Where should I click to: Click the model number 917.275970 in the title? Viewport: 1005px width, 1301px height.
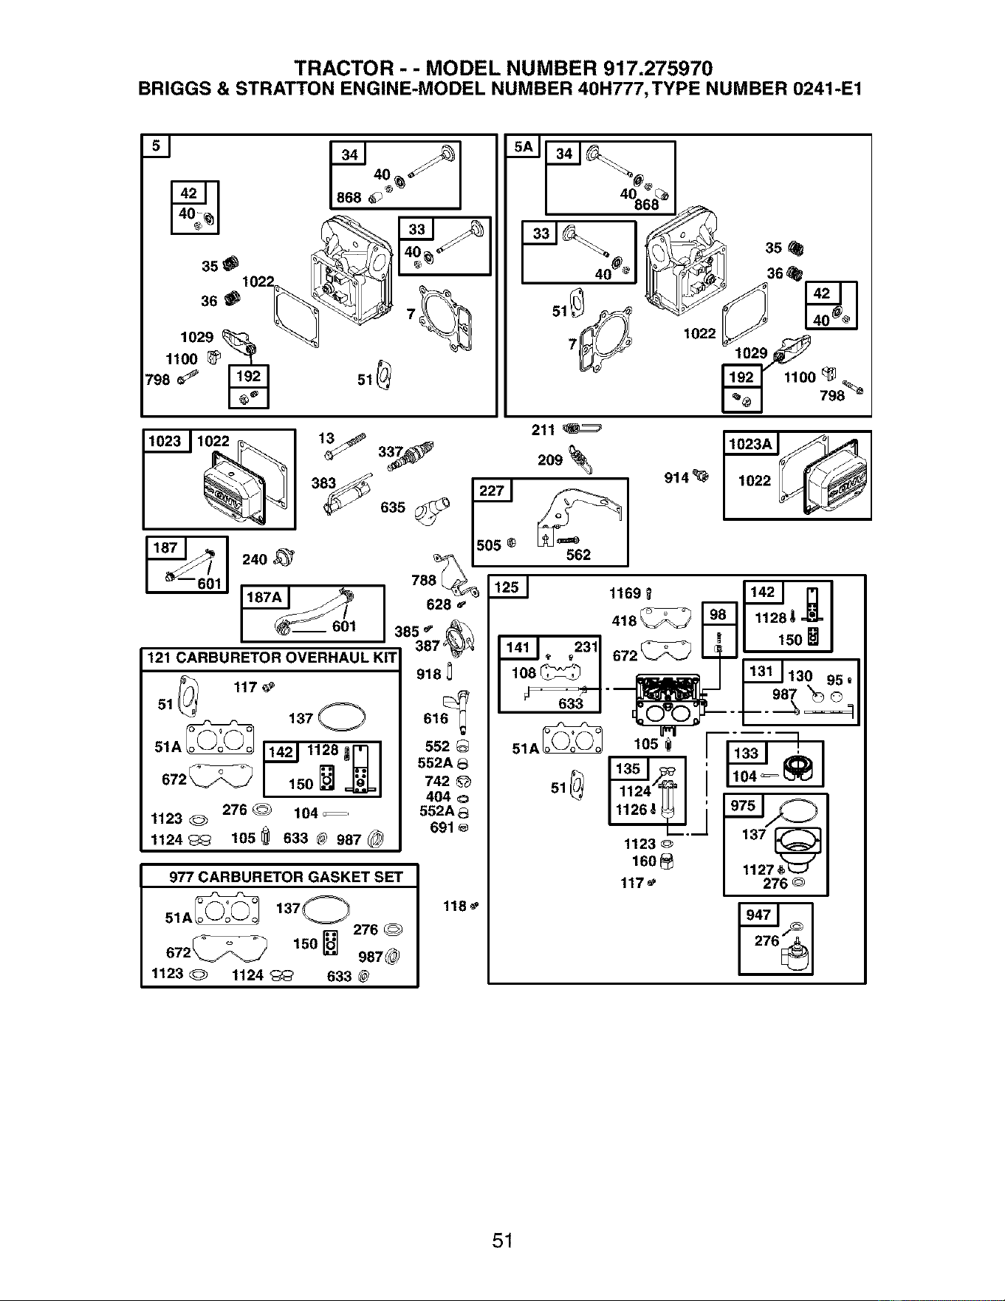658,69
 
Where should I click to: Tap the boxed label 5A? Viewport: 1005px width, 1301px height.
523,146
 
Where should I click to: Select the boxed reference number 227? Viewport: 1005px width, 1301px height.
492,491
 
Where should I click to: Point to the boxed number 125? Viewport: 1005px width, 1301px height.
507,587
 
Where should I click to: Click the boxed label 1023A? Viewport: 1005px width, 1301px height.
750,443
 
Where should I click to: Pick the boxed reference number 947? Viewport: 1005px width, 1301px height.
758,915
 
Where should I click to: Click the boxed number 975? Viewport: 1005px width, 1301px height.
743,805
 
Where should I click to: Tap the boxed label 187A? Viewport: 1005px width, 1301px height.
265,597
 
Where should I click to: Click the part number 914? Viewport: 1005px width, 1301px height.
676,478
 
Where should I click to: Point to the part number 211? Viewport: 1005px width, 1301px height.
543,430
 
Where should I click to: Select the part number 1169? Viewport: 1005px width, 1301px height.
625,593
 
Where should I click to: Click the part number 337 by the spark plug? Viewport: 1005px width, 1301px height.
391,451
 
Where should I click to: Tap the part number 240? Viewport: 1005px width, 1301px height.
255,559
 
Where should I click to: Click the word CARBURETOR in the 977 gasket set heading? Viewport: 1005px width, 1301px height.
245,877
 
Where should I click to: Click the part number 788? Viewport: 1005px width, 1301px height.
424,580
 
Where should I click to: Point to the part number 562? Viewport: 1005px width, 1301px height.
578,555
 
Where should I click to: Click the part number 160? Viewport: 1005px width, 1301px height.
644,861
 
